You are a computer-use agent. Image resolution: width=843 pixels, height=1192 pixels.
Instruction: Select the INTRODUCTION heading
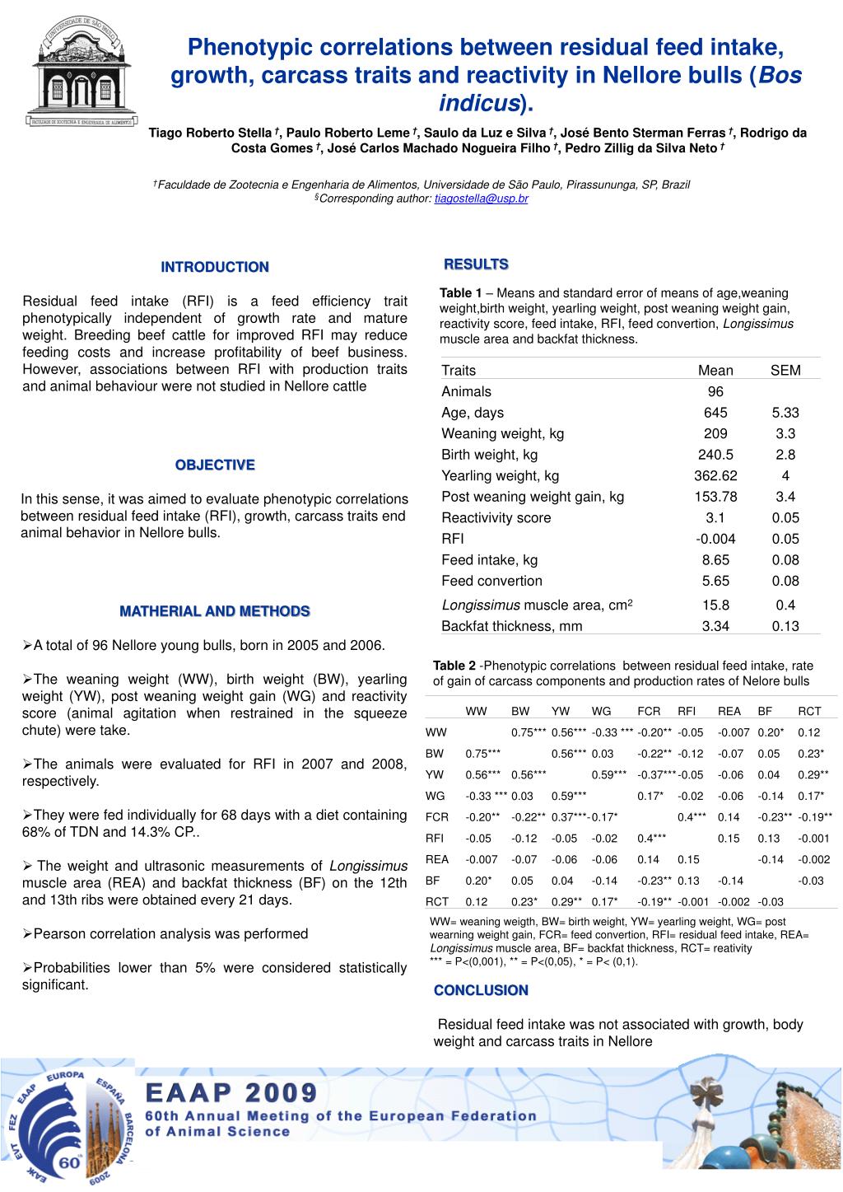[x=215, y=267]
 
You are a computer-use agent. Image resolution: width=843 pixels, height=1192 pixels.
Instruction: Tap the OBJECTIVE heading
[x=215, y=465]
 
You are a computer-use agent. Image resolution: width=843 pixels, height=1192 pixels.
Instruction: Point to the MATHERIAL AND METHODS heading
[x=215, y=611]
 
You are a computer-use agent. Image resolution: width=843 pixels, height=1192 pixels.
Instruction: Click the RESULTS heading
[x=476, y=264]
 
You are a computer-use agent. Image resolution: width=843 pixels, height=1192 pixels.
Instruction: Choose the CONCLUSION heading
[x=481, y=990]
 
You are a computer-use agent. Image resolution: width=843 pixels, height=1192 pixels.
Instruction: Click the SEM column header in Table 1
[x=785, y=371]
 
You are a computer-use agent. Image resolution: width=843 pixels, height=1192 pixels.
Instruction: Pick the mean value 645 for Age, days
[x=715, y=413]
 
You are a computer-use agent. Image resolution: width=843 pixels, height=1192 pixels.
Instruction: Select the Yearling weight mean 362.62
[x=715, y=475]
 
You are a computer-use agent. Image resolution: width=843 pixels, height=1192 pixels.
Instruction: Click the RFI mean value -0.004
[x=715, y=539]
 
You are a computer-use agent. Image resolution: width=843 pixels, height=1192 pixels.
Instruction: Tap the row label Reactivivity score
[x=496, y=517]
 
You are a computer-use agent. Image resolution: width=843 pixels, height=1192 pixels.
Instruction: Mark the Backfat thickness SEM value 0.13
[x=785, y=626]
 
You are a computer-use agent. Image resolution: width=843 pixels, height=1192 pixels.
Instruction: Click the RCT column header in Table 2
[x=808, y=711]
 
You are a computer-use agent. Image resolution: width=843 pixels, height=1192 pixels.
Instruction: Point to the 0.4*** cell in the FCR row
[x=692, y=817]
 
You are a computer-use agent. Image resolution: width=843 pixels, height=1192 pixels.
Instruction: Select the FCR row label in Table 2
[x=435, y=817]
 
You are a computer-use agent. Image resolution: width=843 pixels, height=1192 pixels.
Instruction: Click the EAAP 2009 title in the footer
[x=231, y=1093]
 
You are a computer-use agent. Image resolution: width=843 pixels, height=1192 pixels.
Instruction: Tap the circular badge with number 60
[x=67, y=1125]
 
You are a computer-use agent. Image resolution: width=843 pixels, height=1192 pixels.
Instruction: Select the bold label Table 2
[x=454, y=666]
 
